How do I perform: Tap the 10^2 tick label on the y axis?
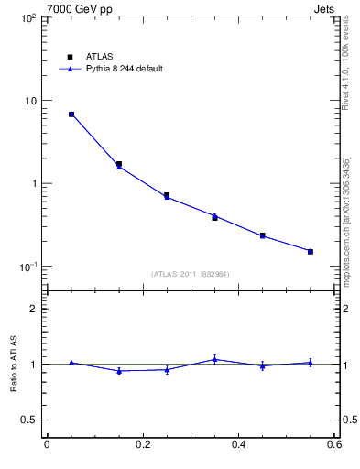[27, 18]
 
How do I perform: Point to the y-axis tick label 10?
[30, 101]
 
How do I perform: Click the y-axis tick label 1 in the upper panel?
[33, 183]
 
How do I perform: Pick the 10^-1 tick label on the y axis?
[27, 267]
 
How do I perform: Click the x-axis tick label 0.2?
[142, 445]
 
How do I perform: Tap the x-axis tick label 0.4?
[238, 445]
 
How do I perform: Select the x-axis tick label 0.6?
[334, 445]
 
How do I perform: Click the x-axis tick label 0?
[47, 445]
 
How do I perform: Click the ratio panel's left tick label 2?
[35, 309]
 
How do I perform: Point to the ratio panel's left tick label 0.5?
[31, 420]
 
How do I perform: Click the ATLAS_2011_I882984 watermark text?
[191, 274]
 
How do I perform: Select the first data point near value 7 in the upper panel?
[71, 115]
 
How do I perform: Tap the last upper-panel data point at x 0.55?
[311, 251]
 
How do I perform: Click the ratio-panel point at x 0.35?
[214, 359]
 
